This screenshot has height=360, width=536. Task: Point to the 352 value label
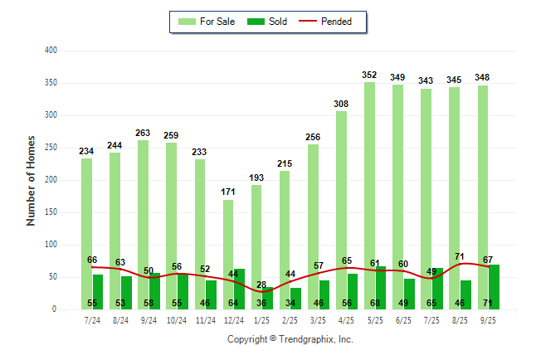(369, 75)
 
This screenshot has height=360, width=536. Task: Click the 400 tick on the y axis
(51, 51)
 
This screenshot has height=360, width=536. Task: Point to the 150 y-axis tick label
(51, 212)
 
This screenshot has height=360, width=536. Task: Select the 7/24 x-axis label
(92, 319)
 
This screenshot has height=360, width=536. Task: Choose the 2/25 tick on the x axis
(290, 319)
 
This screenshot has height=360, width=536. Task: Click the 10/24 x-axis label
(177, 319)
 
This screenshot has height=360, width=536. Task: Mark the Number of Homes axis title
(31, 180)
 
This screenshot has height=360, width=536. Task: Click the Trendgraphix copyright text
(290, 339)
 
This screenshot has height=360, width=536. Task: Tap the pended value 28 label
(261, 285)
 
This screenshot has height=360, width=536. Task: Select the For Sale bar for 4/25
(341, 207)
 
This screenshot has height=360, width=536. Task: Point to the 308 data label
(341, 104)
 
